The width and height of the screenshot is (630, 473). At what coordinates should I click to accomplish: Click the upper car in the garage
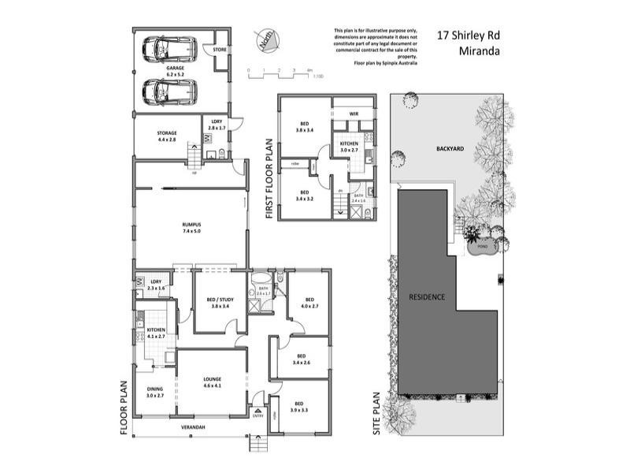click(x=169, y=49)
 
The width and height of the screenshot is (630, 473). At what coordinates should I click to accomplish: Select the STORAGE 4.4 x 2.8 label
click(x=166, y=136)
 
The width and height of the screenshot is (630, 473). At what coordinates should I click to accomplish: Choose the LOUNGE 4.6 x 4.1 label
click(x=212, y=382)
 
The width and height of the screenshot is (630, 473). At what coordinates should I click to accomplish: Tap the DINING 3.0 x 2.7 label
click(x=155, y=392)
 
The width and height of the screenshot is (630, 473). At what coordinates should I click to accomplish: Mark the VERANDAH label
click(x=193, y=427)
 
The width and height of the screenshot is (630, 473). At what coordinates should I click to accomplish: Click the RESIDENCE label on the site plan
click(x=427, y=297)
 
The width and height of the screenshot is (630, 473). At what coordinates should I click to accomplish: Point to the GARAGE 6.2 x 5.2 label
click(x=175, y=70)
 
